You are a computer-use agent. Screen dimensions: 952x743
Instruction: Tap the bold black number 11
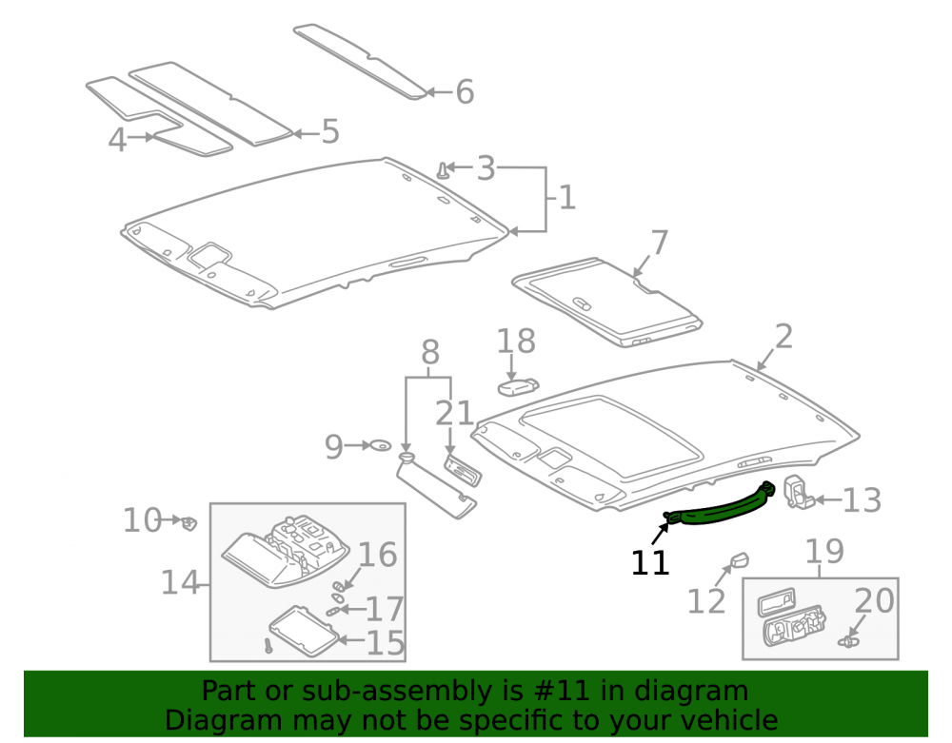coord(650,563)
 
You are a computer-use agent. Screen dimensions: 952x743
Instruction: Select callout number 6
coord(465,92)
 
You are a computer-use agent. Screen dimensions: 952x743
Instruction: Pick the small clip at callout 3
coord(444,170)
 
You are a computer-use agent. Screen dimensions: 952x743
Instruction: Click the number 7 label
coord(660,243)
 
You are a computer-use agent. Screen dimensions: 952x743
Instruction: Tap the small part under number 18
coord(519,386)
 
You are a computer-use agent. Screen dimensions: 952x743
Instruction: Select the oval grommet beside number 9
coord(381,446)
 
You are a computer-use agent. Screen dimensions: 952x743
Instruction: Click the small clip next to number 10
coord(188,521)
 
